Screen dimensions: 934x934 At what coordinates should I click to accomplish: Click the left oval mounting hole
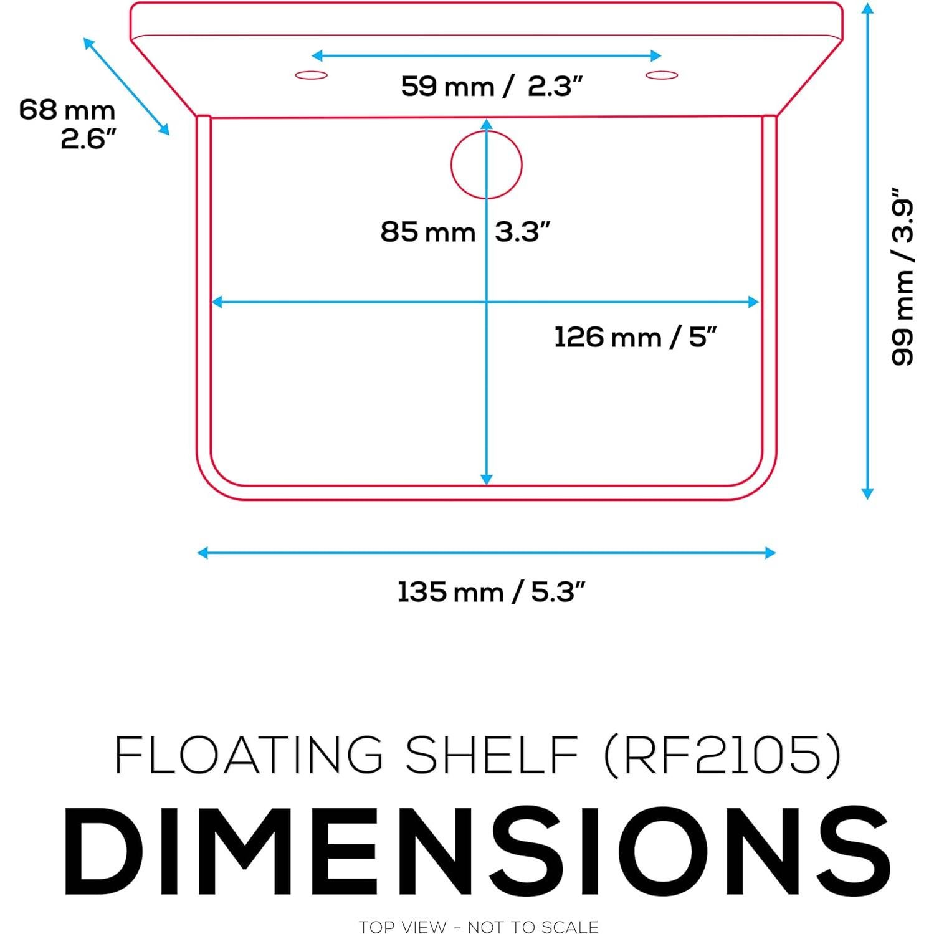[x=312, y=75]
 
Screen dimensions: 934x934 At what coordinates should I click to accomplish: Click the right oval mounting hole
[x=662, y=75]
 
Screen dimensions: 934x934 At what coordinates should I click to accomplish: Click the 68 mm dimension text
[x=67, y=110]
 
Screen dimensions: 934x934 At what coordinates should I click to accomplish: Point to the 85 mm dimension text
[x=428, y=232]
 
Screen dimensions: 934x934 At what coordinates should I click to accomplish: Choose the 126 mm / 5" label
[x=635, y=337]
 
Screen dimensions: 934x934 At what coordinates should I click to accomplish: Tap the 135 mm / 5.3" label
[x=491, y=591]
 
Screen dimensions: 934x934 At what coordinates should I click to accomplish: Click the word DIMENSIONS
[x=477, y=852]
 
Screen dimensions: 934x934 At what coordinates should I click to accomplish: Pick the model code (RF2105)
[x=723, y=755]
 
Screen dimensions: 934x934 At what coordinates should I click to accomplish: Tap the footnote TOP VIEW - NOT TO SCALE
[x=479, y=927]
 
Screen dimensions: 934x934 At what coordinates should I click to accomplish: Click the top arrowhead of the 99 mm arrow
[x=867, y=9]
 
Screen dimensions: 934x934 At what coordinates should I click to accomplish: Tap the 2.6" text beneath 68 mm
[x=88, y=138]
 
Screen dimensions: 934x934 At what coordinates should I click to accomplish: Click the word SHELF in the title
[x=492, y=755]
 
